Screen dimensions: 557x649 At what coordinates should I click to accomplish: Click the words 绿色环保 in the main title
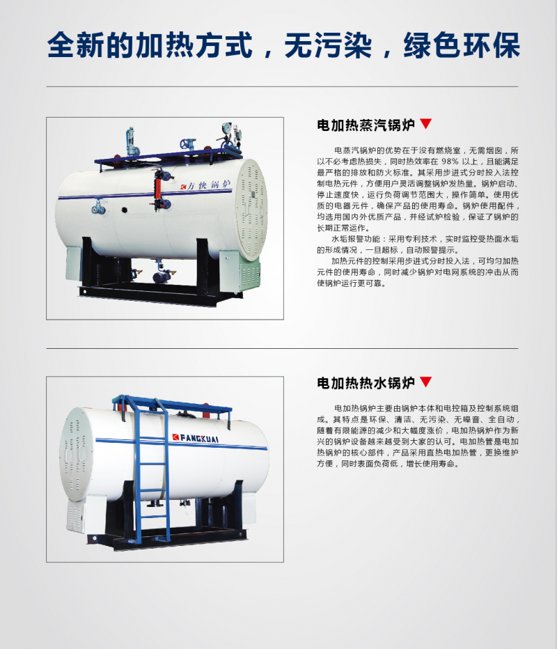461,45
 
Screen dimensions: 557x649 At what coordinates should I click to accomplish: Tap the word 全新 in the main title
76,45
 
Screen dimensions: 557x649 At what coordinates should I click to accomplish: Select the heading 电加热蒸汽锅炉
366,125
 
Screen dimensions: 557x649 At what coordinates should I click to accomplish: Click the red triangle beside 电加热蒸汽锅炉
426,123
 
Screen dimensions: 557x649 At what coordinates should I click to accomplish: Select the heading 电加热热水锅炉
366,382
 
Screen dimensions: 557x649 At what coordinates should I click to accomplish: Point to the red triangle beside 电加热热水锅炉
426,381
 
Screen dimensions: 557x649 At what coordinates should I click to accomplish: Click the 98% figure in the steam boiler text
449,162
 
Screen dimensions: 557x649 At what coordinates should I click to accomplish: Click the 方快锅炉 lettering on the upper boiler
205,185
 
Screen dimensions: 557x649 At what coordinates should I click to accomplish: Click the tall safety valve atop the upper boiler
131,142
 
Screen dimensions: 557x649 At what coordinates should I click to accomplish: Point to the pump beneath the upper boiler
162,276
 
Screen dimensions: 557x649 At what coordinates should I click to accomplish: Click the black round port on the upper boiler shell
124,210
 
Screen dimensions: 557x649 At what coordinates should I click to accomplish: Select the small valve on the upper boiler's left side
98,207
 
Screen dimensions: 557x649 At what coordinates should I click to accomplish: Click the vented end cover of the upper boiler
251,209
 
